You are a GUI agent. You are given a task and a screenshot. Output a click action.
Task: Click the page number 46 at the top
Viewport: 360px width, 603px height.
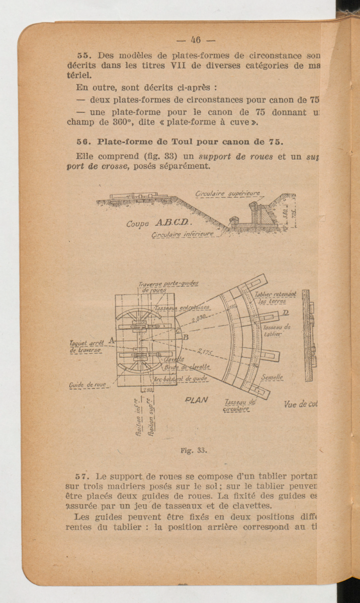click(196, 40)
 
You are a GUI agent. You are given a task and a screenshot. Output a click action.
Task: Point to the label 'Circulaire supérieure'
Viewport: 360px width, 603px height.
click(228, 194)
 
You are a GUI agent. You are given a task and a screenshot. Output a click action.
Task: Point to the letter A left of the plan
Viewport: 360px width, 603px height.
click(111, 340)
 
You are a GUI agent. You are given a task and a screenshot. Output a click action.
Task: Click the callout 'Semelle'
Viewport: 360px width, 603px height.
click(272, 377)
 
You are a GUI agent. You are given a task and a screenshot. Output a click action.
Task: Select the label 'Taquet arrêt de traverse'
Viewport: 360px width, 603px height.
click(86, 346)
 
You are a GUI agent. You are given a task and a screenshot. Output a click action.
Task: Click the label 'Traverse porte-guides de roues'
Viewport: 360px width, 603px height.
click(167, 286)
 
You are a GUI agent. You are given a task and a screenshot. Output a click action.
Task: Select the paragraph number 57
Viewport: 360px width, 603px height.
click(81, 476)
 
